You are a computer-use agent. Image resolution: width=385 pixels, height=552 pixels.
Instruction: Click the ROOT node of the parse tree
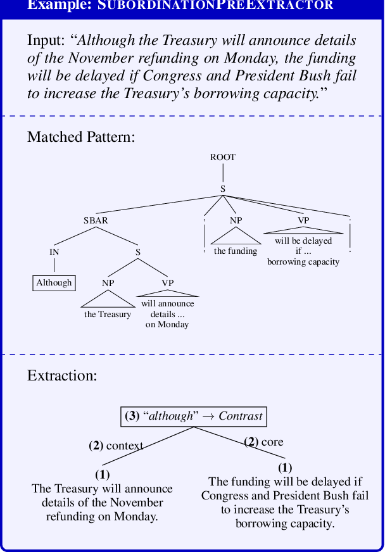pyautogui.click(x=223, y=157)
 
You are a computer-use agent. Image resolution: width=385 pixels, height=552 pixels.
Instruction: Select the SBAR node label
pyautogui.click(x=96, y=220)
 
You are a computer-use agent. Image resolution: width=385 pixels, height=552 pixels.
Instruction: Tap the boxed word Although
pyautogui.click(x=54, y=283)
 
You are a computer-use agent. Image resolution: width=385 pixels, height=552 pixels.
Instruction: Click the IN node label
pyautogui.click(x=54, y=252)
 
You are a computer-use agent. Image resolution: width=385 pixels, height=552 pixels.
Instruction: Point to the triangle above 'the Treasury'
pyautogui.click(x=108, y=299)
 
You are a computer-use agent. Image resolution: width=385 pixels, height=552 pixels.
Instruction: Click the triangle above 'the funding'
pyautogui.click(x=236, y=235)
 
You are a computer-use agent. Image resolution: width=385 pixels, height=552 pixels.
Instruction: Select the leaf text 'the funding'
pyautogui.click(x=236, y=251)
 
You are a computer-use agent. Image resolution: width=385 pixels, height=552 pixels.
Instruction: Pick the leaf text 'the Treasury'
pyautogui.click(x=108, y=315)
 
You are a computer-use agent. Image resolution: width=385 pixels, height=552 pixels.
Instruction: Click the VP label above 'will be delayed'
pyautogui.click(x=303, y=220)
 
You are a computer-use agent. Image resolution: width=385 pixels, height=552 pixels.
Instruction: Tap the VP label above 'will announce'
pyautogui.click(x=167, y=283)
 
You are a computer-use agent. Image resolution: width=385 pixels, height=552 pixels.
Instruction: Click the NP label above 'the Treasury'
pyautogui.click(x=108, y=283)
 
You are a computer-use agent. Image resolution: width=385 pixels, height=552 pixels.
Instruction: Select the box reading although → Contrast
pyautogui.click(x=193, y=416)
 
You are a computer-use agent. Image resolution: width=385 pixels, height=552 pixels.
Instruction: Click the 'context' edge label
pyautogui.click(x=124, y=446)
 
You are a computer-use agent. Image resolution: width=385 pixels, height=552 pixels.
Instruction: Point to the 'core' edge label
pyautogui.click(x=272, y=442)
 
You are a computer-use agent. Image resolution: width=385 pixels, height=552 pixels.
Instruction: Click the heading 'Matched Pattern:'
pyautogui.click(x=81, y=137)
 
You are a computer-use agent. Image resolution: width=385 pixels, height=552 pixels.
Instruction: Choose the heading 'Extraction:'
pyautogui.click(x=62, y=375)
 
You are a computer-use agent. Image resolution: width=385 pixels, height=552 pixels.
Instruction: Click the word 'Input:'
pyautogui.click(x=46, y=41)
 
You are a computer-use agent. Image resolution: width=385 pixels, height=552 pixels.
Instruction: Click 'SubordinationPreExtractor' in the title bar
pyautogui.click(x=215, y=5)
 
